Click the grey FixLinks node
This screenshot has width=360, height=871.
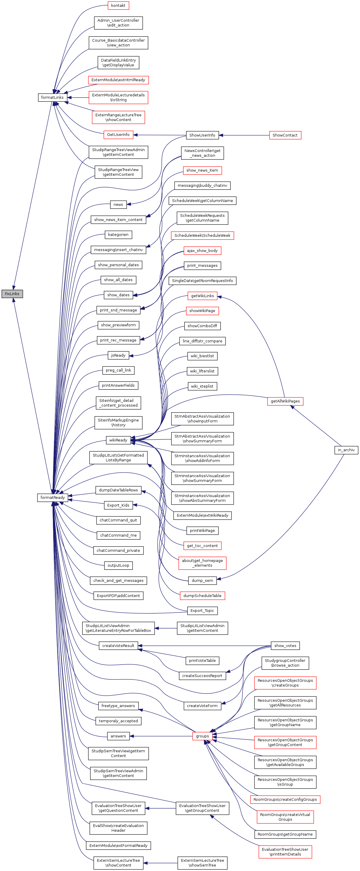pyautogui.click(x=12, y=294)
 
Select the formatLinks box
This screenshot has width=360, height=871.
pyautogui.click(x=52, y=97)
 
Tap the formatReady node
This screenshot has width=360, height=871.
pyautogui.click(x=52, y=497)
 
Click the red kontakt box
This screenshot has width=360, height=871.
pyautogui.click(x=118, y=5)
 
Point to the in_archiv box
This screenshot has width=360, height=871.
pyautogui.click(x=346, y=450)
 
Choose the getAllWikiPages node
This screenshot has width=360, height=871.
pyautogui.click(x=285, y=401)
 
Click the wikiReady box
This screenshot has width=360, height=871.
pyautogui.click(x=118, y=440)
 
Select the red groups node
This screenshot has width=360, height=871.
pyautogui.click(x=202, y=736)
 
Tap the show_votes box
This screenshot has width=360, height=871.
pyautogui.click(x=285, y=646)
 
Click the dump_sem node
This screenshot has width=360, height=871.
pyautogui.click(x=202, y=581)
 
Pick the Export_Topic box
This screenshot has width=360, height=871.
pyautogui.click(x=202, y=611)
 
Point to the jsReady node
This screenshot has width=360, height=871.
pyautogui.click(x=118, y=355)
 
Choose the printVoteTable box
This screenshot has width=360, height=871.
pyautogui.click(x=202, y=661)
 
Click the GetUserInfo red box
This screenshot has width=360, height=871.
pyautogui.click(x=118, y=134)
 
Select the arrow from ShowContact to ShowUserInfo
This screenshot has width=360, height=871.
pyautogui.click(x=243, y=135)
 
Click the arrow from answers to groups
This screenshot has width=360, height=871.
pyautogui.click(x=162, y=736)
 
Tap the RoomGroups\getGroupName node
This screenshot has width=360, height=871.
pyautogui.click(x=285, y=834)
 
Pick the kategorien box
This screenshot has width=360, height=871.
pyautogui.click(x=118, y=235)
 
